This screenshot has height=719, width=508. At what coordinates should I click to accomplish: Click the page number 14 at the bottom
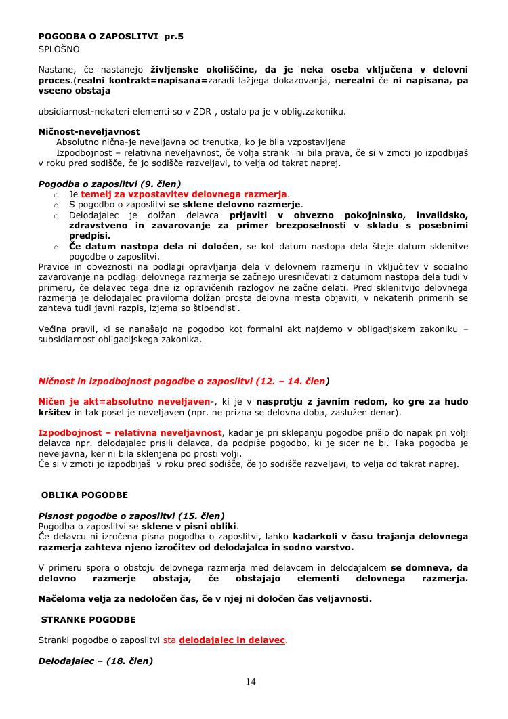point(251,682)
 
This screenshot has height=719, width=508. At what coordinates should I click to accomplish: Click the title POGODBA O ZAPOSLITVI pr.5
point(110,37)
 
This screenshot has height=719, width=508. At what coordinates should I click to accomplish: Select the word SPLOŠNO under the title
point(59,49)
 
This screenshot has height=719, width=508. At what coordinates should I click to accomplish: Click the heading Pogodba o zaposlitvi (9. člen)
point(110,184)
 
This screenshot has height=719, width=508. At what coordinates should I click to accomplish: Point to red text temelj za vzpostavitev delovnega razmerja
point(184,194)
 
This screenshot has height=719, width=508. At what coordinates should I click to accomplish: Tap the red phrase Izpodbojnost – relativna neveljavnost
point(131,432)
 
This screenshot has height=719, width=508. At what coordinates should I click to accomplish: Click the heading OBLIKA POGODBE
point(85,495)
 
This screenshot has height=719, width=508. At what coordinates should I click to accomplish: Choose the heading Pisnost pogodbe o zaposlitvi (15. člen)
point(131,516)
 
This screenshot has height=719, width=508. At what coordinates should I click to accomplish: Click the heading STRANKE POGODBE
point(89,619)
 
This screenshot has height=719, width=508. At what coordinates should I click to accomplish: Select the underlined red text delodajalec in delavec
point(232,640)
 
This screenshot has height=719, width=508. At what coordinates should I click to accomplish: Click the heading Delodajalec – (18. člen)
point(96,661)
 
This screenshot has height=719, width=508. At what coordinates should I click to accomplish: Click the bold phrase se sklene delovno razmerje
point(235,204)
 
